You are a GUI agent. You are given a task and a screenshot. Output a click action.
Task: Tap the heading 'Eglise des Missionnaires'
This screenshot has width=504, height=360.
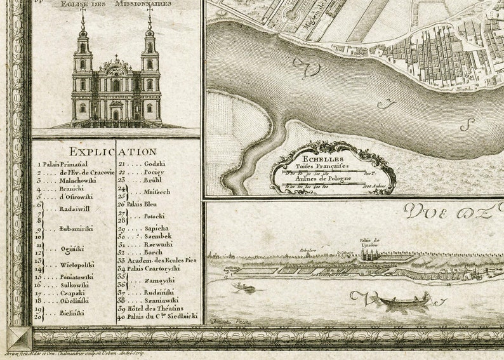tap(116, 4)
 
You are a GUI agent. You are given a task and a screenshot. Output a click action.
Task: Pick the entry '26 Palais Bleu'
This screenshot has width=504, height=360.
tap(138, 204)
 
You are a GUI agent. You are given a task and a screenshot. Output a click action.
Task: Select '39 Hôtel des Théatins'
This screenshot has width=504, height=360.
tap(152, 307)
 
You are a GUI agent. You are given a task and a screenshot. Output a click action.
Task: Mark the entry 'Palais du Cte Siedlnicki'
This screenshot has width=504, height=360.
tap(162, 316)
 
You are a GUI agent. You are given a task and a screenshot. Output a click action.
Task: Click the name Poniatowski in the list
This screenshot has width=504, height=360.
tap(76, 277)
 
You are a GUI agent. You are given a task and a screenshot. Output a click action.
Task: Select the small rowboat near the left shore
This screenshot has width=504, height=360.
tap(242, 288)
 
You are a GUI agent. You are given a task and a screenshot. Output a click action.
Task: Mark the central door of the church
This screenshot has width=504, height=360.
tap(116, 115)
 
